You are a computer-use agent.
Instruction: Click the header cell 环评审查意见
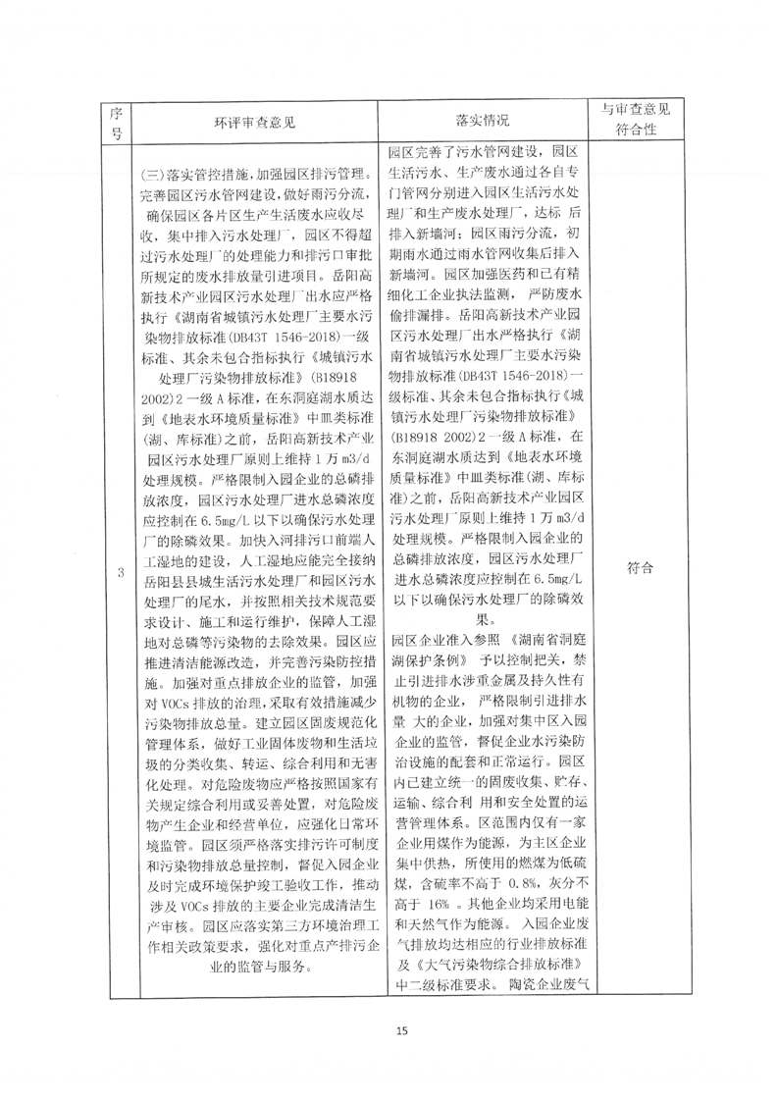[x=254, y=123]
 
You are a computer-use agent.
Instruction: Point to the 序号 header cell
[x=117, y=122]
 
